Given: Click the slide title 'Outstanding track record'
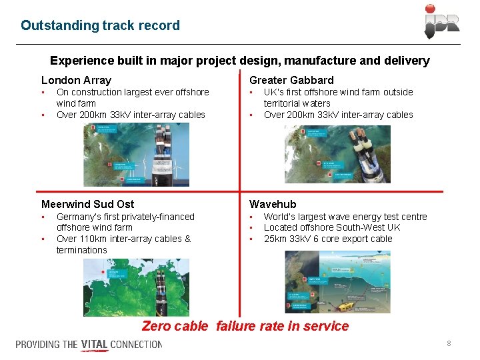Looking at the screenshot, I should pos(100,25).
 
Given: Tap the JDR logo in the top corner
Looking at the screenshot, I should pos(442,21).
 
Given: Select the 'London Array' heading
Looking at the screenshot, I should pos(76,80).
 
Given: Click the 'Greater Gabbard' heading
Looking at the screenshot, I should pos(291,80).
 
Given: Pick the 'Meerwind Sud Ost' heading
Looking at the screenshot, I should pos(87,204).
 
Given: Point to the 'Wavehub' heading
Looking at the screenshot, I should pos(273,204).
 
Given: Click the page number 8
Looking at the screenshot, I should pos(449,343).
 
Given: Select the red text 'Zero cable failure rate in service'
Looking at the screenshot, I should pos(245,326).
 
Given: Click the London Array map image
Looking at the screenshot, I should pos(136,155).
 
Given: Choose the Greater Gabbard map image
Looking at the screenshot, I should pos(337,154).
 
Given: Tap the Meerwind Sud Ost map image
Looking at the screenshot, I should pos(136,287).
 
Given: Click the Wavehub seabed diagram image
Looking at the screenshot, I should pos(337,281).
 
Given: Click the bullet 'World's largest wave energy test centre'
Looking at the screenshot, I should pos(345,217).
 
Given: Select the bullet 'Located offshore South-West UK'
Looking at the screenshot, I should pos(332,227).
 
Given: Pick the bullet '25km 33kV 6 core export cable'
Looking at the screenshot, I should pos(328,239).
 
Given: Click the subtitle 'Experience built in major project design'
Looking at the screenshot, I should pos(239,61).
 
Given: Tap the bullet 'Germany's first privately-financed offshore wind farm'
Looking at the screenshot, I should pos(125,222).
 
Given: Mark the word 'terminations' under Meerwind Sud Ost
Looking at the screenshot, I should pos(81,250).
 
